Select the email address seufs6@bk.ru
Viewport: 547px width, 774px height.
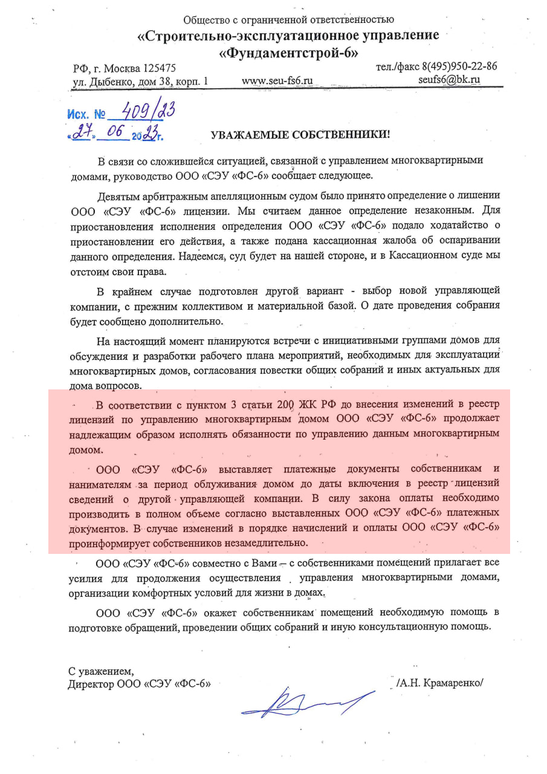(x=449, y=79)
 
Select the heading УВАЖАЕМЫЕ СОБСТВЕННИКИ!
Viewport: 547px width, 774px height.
(x=300, y=135)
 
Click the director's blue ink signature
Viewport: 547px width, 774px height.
(x=305, y=702)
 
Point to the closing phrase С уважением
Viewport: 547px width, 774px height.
(x=101, y=671)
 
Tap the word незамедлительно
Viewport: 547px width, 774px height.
(x=263, y=542)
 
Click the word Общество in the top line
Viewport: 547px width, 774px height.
(x=206, y=21)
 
